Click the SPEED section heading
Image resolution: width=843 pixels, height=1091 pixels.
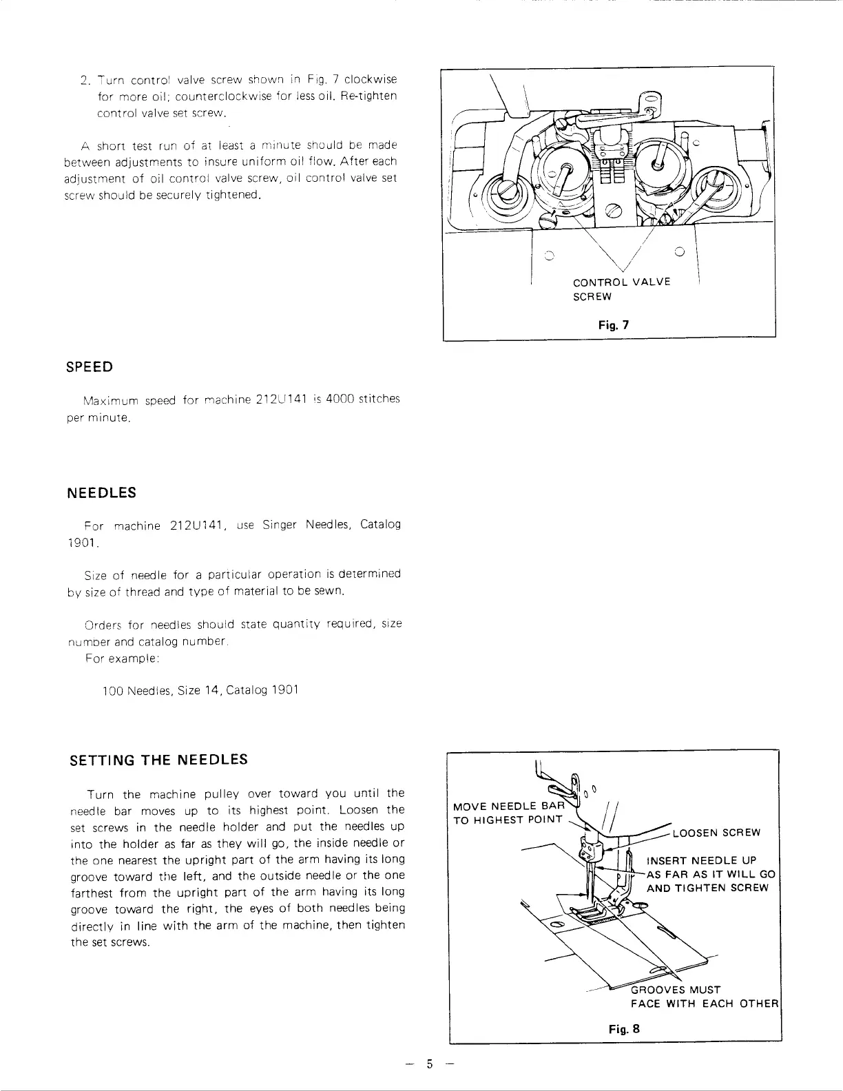click(89, 367)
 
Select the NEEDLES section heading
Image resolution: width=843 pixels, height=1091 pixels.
click(102, 493)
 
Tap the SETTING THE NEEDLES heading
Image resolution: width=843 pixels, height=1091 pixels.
click(159, 760)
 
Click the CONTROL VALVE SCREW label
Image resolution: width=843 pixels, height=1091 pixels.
click(621, 289)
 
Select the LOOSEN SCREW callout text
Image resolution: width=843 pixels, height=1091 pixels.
click(716, 832)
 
